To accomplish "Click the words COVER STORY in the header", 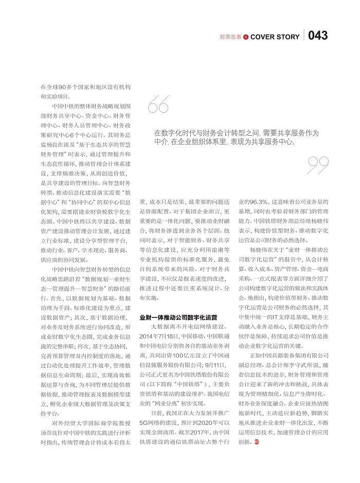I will coord(275,37).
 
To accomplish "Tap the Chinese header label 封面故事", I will coord(230,37).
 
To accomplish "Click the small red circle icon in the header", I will coord(246,37).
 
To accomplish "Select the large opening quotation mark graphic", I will coord(158,105).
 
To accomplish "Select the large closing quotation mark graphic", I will coord(318,165).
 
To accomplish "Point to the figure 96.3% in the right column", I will coord(257,202).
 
